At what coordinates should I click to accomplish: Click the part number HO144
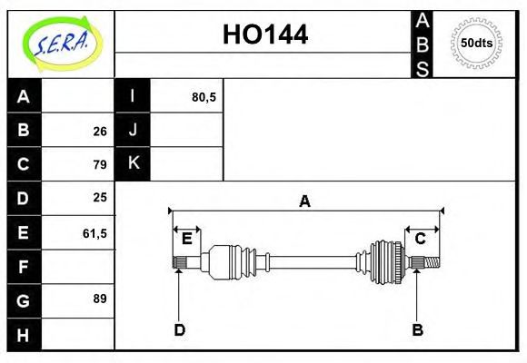(265, 34)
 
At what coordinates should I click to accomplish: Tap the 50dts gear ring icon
(476, 43)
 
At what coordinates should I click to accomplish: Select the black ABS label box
(423, 44)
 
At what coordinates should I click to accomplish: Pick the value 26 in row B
(99, 131)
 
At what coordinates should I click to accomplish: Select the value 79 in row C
(99, 164)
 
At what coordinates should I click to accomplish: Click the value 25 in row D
(99, 198)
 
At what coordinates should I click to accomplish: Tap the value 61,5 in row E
(94, 232)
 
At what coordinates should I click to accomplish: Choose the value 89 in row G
(99, 299)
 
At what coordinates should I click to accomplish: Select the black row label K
(133, 163)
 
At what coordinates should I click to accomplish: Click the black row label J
(133, 131)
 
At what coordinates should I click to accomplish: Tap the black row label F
(25, 266)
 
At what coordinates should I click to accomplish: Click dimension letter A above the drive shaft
(304, 201)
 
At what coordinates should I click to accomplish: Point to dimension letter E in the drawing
(186, 239)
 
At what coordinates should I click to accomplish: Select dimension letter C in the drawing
(421, 239)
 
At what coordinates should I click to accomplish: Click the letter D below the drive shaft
(179, 329)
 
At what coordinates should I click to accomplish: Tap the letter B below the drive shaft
(417, 329)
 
